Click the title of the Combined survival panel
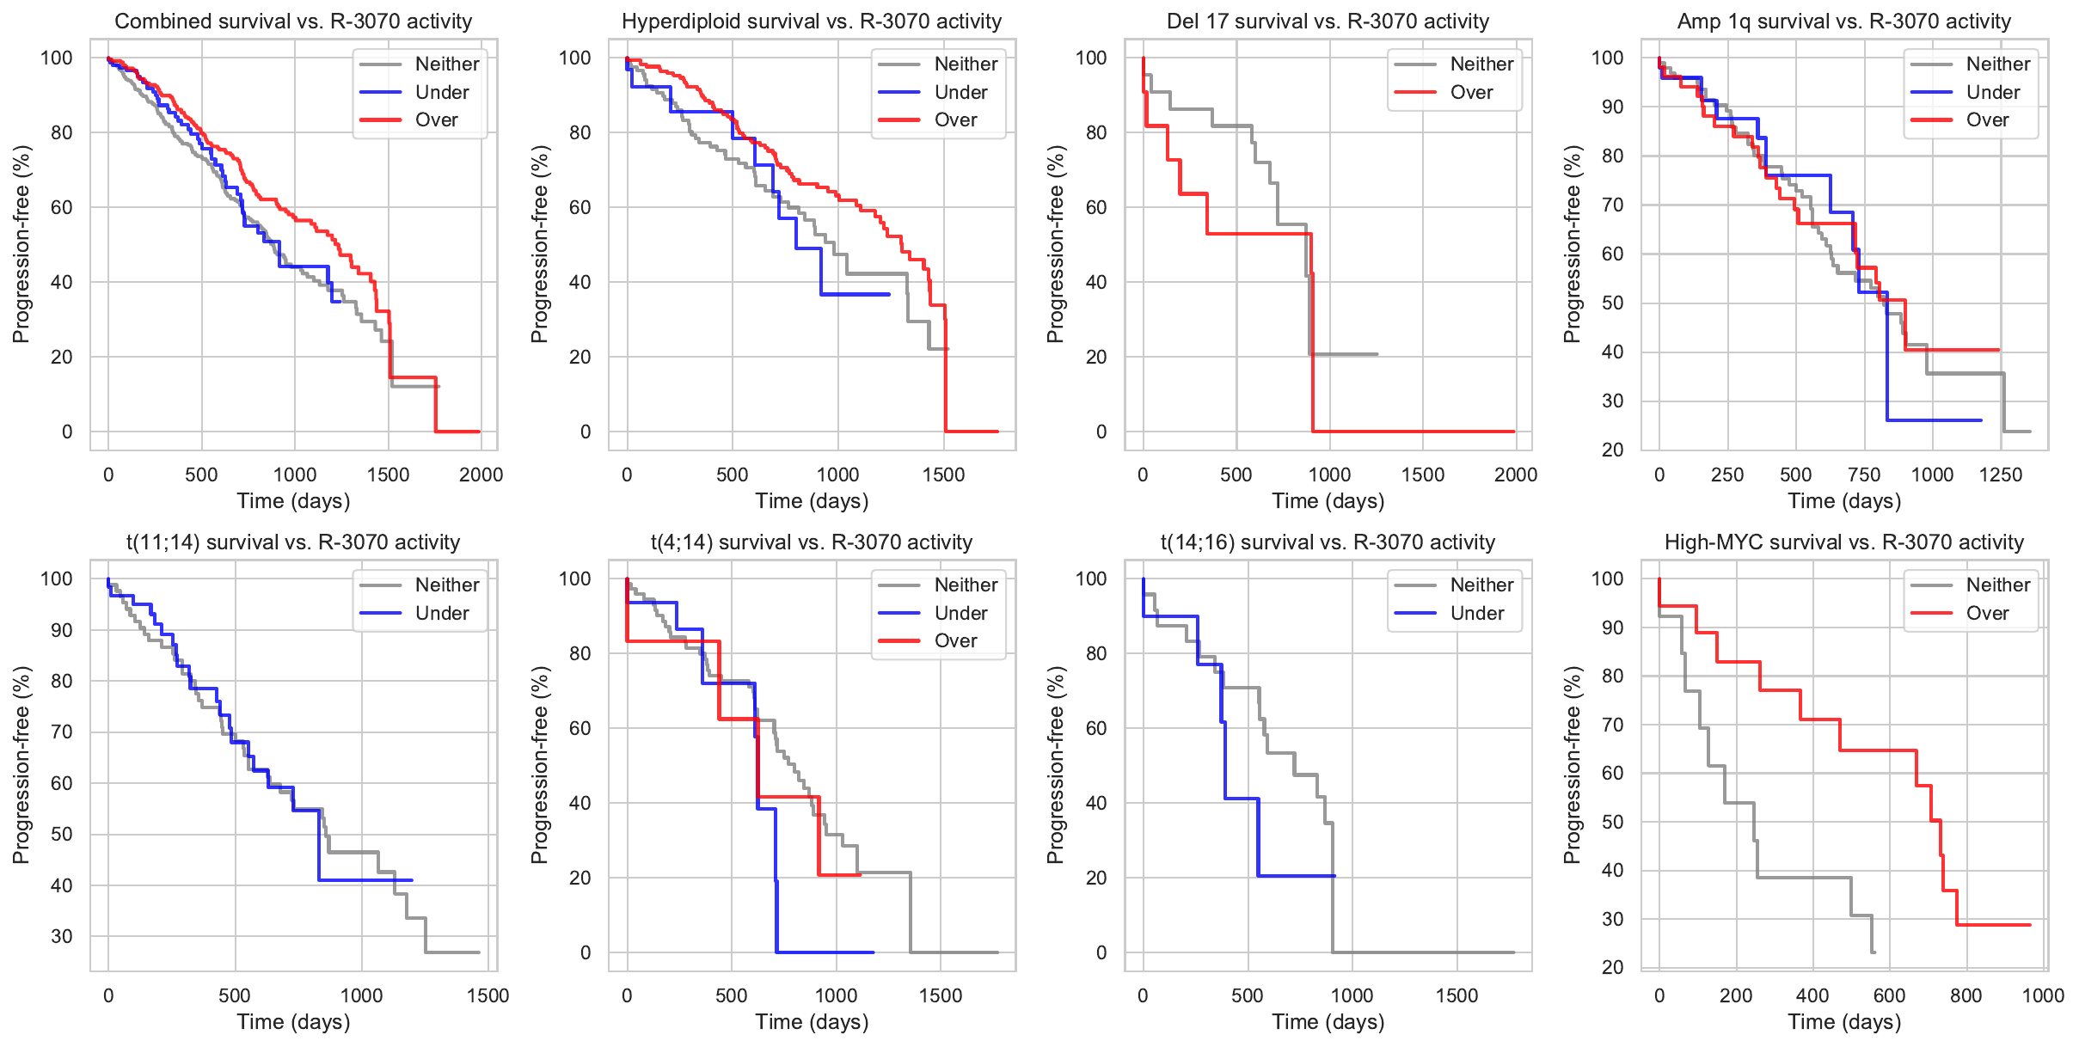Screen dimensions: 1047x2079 [x=293, y=21]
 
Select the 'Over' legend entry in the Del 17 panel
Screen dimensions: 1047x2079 [x=1471, y=92]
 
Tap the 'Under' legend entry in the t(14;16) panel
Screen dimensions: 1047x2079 [x=1476, y=613]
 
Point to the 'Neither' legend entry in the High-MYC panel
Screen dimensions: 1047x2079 [x=1997, y=585]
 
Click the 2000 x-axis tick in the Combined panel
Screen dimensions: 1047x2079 [x=481, y=475]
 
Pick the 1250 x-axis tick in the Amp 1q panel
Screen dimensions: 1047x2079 [x=2000, y=475]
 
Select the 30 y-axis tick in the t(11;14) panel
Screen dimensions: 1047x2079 [x=62, y=936]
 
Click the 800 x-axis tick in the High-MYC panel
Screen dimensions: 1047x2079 [x=1966, y=995]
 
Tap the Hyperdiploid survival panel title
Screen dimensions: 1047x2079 [x=812, y=21]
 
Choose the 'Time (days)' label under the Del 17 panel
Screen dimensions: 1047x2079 [x=1328, y=501]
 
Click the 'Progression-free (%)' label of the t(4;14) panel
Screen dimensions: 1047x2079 [x=539, y=764]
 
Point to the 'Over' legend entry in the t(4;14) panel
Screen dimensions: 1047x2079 [x=955, y=640]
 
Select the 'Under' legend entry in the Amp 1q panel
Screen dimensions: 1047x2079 [x=1992, y=92]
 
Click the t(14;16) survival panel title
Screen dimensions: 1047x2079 [x=1328, y=542]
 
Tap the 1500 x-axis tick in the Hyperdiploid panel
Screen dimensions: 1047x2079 [x=943, y=475]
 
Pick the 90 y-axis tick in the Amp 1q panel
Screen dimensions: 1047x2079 [x=1607, y=107]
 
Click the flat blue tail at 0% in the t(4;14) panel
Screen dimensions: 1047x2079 [x=825, y=952]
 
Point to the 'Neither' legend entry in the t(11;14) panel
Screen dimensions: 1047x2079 [x=446, y=585]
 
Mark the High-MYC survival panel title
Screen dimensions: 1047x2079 [x=1843, y=542]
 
